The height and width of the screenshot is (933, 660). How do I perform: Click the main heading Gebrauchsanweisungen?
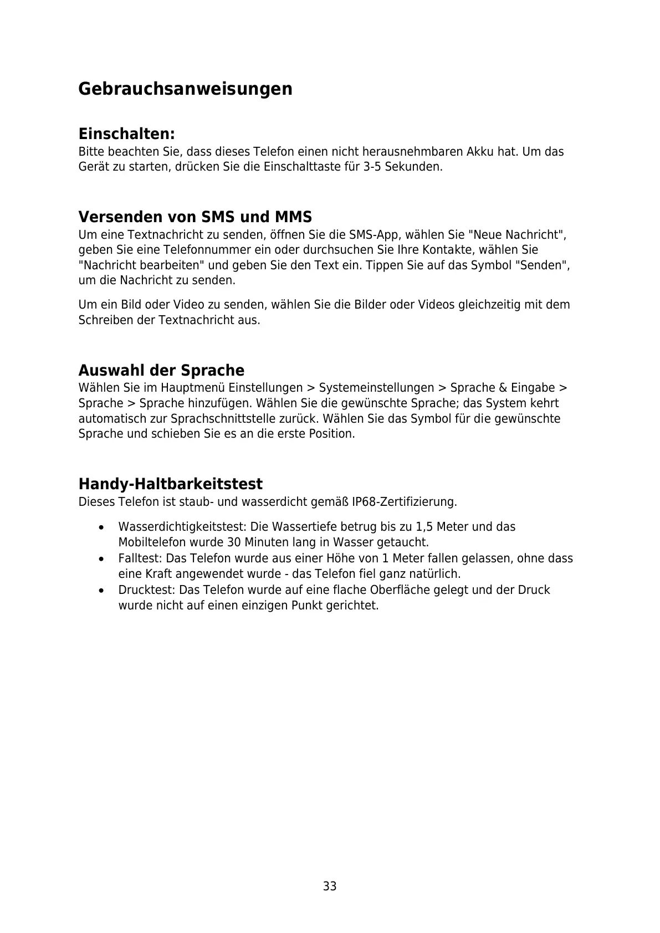(x=185, y=89)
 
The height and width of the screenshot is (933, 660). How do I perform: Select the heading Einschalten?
(x=126, y=134)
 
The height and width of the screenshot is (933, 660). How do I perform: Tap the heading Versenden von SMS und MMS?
(x=195, y=217)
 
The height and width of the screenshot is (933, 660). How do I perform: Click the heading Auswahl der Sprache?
(x=161, y=370)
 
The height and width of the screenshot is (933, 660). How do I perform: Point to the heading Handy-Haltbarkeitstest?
(x=170, y=484)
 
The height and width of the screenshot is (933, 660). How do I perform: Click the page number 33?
(x=330, y=886)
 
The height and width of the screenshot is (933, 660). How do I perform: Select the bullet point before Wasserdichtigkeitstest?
(x=100, y=527)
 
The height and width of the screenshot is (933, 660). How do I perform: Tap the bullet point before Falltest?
(x=100, y=559)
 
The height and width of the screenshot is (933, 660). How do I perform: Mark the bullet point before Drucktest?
(x=100, y=591)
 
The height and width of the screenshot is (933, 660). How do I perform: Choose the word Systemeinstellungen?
(x=376, y=388)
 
